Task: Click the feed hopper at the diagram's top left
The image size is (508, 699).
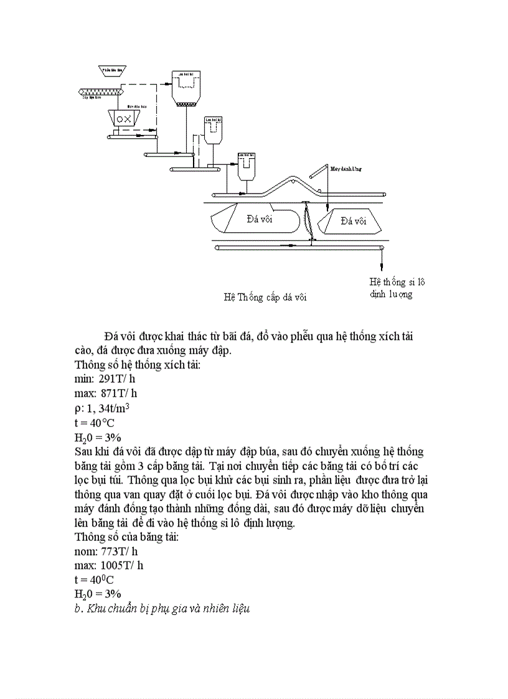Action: tap(112, 69)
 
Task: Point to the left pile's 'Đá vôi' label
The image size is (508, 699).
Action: tap(260, 218)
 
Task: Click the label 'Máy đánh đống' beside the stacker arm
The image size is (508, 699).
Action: tap(346, 168)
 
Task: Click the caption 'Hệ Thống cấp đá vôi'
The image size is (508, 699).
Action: tap(265, 297)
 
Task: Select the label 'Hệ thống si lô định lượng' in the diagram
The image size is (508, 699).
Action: tap(397, 288)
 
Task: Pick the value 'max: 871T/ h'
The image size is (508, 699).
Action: tap(106, 393)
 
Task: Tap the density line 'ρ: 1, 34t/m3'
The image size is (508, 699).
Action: tap(102, 408)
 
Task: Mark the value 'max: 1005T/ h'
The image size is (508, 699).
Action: tap(109, 566)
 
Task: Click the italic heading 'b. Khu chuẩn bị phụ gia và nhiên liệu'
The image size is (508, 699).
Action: tap(162, 609)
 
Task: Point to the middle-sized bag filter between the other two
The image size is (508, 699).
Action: tap(215, 130)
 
